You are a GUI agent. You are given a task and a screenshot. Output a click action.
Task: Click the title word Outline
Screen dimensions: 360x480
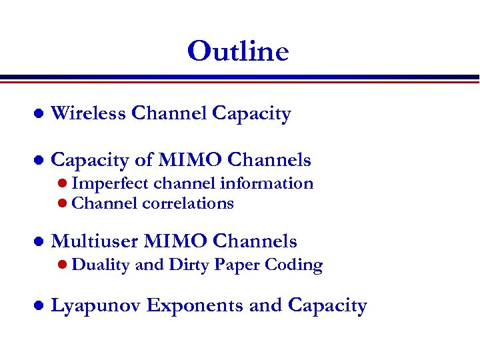tap(238, 51)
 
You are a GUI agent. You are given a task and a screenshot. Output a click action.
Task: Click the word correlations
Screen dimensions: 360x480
tap(188, 203)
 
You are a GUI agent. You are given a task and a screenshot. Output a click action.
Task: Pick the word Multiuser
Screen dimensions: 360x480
tap(95, 241)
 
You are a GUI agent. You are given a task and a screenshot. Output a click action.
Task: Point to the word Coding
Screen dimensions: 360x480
tap(294, 265)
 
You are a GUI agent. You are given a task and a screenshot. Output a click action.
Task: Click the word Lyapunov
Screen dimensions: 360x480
tap(96, 306)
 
